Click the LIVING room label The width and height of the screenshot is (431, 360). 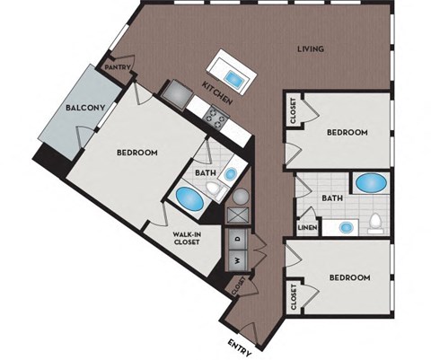[311, 49]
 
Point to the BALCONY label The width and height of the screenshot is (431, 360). [87, 109]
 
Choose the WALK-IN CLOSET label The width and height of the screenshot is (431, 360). [187, 239]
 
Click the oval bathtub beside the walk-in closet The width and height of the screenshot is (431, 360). [189, 197]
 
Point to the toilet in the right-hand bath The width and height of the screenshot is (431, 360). [376, 223]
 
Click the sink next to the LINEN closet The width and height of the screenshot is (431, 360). [344, 225]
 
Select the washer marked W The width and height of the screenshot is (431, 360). [238, 261]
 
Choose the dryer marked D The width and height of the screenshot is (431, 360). [238, 238]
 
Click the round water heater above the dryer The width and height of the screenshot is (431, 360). [240, 196]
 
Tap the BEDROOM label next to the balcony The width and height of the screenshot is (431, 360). [137, 153]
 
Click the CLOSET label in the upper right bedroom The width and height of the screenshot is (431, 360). [295, 111]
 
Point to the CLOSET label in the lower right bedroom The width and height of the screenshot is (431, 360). [294, 294]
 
